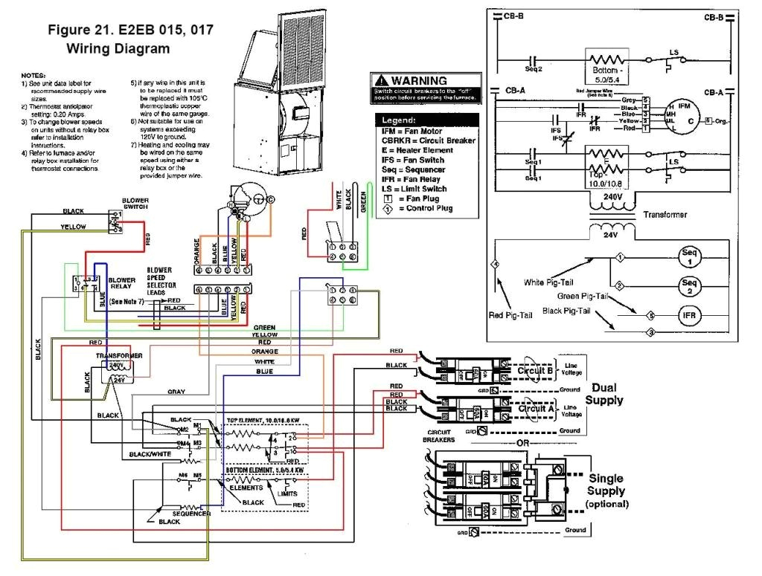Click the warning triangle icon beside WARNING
pos(381,80)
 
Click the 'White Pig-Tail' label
pos(555,282)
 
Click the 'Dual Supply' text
pos(603,394)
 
